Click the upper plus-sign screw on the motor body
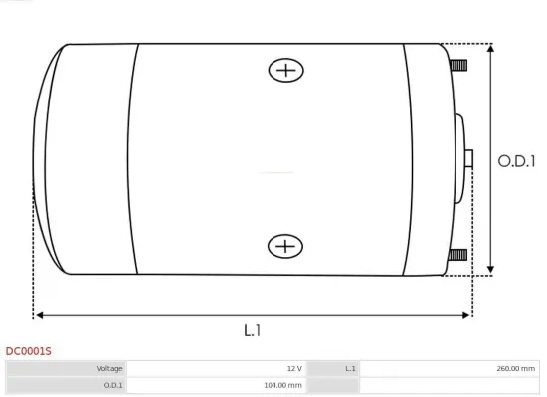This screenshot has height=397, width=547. [286, 70]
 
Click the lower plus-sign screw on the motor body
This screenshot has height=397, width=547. [285, 247]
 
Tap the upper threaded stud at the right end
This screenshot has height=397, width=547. [458, 66]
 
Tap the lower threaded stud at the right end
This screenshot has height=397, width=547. [457, 255]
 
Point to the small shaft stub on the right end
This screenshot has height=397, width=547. [468, 159]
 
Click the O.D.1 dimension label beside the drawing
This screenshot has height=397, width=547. [516, 161]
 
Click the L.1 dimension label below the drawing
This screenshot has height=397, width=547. [252, 330]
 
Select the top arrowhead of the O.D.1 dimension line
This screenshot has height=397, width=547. [490, 48]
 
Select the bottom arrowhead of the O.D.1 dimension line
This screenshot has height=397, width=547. [490, 269]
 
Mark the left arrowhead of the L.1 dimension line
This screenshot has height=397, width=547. [39, 315]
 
